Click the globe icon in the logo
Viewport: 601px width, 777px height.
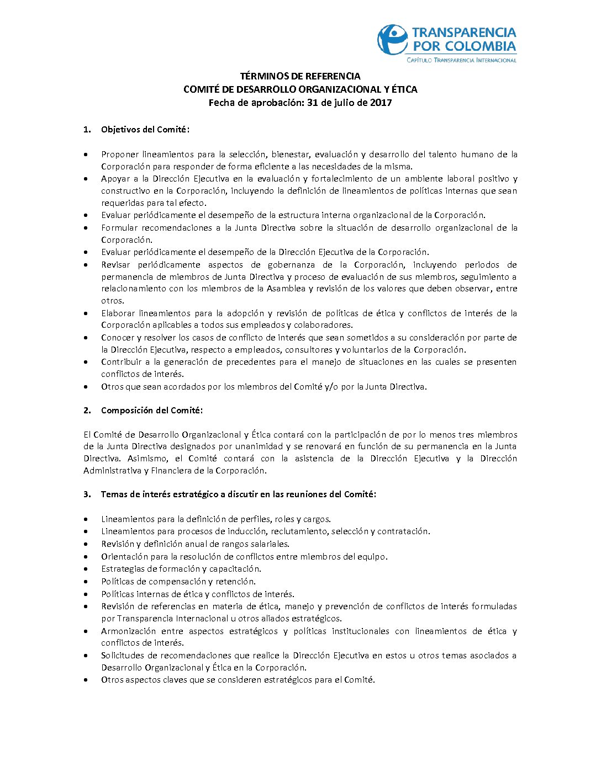pyautogui.click(x=392, y=39)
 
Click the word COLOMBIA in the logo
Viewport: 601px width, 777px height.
pyautogui.click(x=480, y=46)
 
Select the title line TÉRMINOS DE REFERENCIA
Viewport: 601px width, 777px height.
pyautogui.click(x=300, y=76)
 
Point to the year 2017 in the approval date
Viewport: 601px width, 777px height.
pyautogui.click(x=381, y=102)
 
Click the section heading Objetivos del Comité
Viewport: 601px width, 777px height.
pyautogui.click(x=145, y=130)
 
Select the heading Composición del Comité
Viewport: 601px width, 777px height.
pyautogui.click(x=152, y=411)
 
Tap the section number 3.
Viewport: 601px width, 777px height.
pyautogui.click(x=87, y=494)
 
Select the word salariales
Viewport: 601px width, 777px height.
pyautogui.click(x=268, y=544)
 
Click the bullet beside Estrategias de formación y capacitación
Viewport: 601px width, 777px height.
pyautogui.click(x=86, y=569)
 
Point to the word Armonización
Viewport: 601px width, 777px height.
pyautogui.click(x=129, y=631)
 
